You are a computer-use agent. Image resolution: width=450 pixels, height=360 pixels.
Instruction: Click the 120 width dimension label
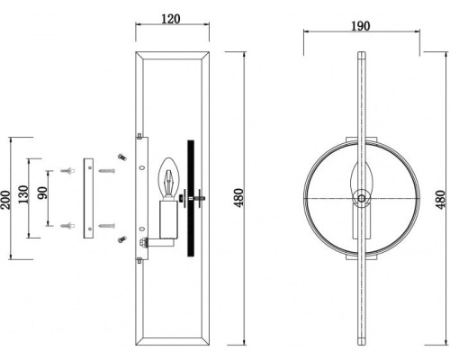pos(171,19)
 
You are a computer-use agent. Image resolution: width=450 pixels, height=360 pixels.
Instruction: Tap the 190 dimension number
pos(361,26)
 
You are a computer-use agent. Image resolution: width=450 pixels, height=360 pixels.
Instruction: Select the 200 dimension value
pos(5,200)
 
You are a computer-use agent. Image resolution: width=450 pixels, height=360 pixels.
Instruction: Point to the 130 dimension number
pos(23,194)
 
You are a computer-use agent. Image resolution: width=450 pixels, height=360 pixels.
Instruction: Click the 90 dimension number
pos(42,193)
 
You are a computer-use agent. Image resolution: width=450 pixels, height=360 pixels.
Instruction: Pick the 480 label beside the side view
pos(239,198)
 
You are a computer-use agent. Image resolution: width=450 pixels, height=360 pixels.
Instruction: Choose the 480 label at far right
pos(440,200)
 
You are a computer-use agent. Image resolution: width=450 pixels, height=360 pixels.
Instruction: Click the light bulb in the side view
pos(169,177)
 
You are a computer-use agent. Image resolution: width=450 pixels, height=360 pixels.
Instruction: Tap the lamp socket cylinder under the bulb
pos(169,220)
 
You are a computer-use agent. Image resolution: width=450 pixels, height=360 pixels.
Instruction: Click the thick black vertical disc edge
pos(191,198)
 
